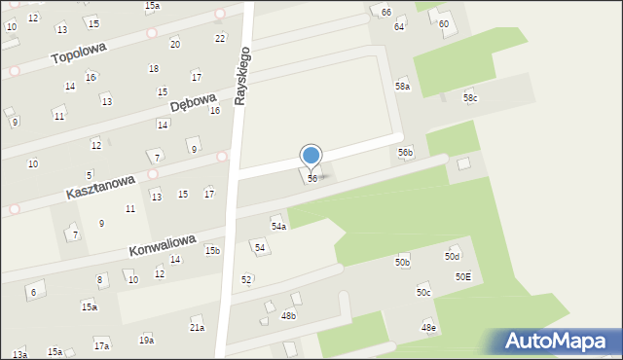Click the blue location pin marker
[311, 156]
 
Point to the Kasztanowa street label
[99, 181]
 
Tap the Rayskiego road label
[244, 75]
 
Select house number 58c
[470, 98]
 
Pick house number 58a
[402, 87]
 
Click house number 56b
[405, 152]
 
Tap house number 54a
[278, 226]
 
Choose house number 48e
[428, 328]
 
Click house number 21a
[197, 328]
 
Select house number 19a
[146, 340]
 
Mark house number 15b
[212, 251]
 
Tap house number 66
[386, 12]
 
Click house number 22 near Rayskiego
[220, 38]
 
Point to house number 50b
[402, 263]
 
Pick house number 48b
[288, 316]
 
